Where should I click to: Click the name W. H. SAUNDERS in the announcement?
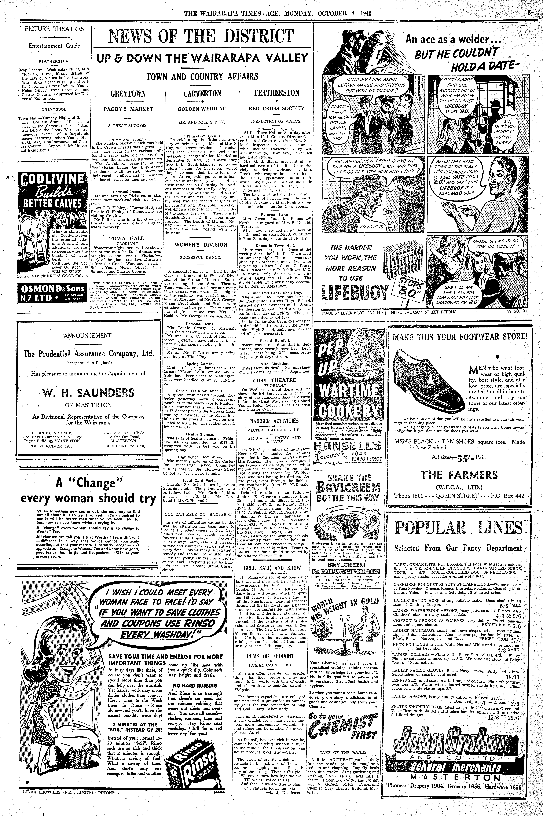(x=88, y=393)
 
